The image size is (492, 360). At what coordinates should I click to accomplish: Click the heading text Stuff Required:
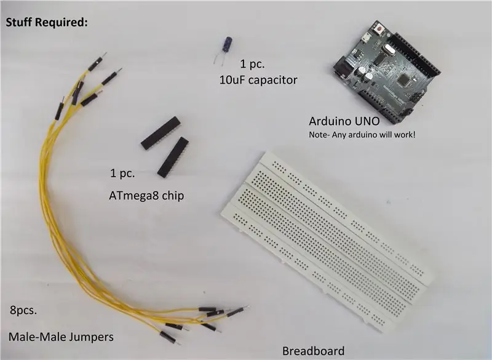(x=47, y=23)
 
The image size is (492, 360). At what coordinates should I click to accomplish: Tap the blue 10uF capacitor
(x=227, y=45)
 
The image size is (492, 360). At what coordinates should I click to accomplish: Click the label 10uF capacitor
(x=258, y=80)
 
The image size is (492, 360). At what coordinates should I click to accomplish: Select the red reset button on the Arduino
(x=379, y=30)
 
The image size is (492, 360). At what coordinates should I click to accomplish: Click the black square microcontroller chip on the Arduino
(x=403, y=80)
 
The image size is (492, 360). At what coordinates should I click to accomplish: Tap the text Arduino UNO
(x=344, y=121)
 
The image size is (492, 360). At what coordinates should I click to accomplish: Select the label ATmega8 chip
(x=146, y=196)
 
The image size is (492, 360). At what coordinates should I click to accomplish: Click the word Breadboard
(x=313, y=351)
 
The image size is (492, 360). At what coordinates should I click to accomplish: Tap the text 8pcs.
(x=23, y=310)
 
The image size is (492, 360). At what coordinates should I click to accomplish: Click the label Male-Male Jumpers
(x=61, y=337)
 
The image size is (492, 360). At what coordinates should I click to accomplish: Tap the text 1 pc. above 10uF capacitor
(x=252, y=64)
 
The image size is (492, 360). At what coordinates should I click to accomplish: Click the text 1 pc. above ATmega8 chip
(x=122, y=174)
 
